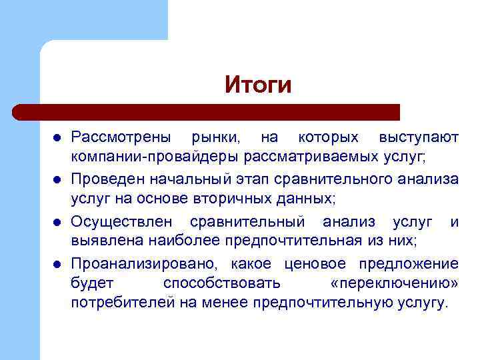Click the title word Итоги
[258, 85]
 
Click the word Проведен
[105, 179]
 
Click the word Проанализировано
[145, 263]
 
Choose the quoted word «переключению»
[394, 283]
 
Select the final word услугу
[421, 304]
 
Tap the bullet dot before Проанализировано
[57, 263]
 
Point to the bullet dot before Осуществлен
[57, 221]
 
